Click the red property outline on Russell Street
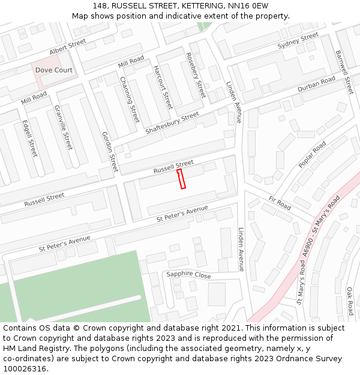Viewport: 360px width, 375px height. [x=181, y=179]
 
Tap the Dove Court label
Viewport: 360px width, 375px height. [x=53, y=70]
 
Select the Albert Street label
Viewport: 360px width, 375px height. [x=68, y=48]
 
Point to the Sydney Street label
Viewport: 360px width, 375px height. [x=298, y=41]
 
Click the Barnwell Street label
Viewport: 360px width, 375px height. [x=346, y=71]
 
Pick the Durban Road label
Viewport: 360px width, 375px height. [x=316, y=85]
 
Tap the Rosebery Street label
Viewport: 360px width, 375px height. [x=196, y=75]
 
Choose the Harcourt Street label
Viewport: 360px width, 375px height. [x=163, y=87]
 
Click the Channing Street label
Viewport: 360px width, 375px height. [x=130, y=99]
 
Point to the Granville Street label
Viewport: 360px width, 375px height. [x=63, y=128]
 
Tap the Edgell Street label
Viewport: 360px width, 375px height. [x=29, y=139]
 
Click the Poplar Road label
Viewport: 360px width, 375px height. [x=312, y=155]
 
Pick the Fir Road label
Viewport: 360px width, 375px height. [x=280, y=203]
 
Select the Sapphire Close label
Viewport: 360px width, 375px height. [x=188, y=275]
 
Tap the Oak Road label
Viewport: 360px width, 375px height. [x=350, y=301]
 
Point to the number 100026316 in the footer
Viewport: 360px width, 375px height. [x=25, y=368]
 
